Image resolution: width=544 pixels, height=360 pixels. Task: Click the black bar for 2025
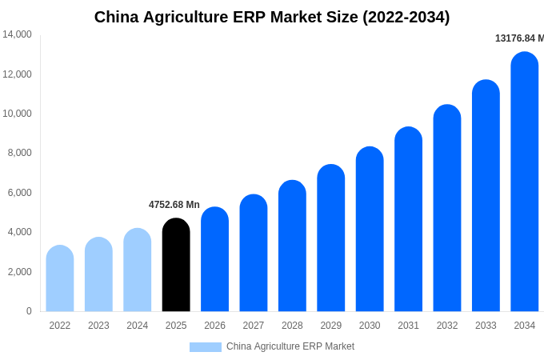176,265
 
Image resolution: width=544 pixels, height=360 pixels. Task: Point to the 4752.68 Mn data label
174,205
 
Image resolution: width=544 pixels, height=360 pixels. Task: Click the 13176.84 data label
519,38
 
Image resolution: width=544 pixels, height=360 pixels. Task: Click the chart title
272,17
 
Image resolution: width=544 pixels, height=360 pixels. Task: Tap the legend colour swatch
205,347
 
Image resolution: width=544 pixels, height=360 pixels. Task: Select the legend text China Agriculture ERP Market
290,346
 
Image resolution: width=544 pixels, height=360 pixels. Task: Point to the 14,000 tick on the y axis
17,34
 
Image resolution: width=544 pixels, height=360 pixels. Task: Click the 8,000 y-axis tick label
19,153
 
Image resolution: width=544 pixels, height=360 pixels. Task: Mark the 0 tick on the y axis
29,311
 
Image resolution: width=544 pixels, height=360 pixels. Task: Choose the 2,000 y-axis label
19,272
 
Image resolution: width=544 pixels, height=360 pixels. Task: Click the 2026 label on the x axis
214,326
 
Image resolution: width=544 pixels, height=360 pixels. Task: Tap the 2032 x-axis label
447,326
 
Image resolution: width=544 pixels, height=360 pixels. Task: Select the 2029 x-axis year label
331,326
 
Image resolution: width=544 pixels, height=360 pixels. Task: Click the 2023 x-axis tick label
98,326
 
